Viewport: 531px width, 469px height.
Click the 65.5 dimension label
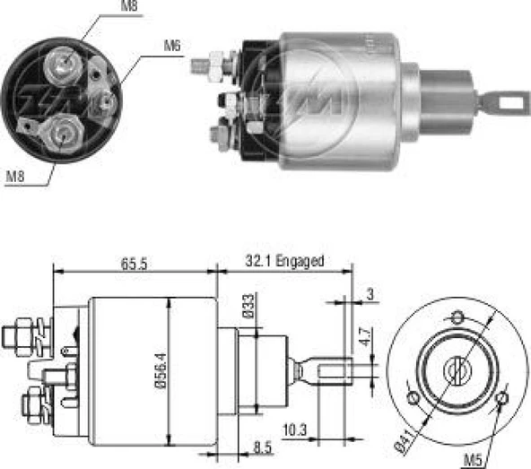click(135, 264)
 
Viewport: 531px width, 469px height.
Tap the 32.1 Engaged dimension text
click(284, 261)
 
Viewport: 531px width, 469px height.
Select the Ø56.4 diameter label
click(161, 370)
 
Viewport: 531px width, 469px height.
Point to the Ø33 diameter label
click(248, 306)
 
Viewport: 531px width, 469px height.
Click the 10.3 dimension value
click(295, 430)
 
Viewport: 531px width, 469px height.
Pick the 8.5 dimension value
click(263, 447)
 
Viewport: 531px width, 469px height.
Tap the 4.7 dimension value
click(365, 336)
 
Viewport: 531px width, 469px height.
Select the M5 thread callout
click(472, 460)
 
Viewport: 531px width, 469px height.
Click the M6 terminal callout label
click(172, 46)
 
